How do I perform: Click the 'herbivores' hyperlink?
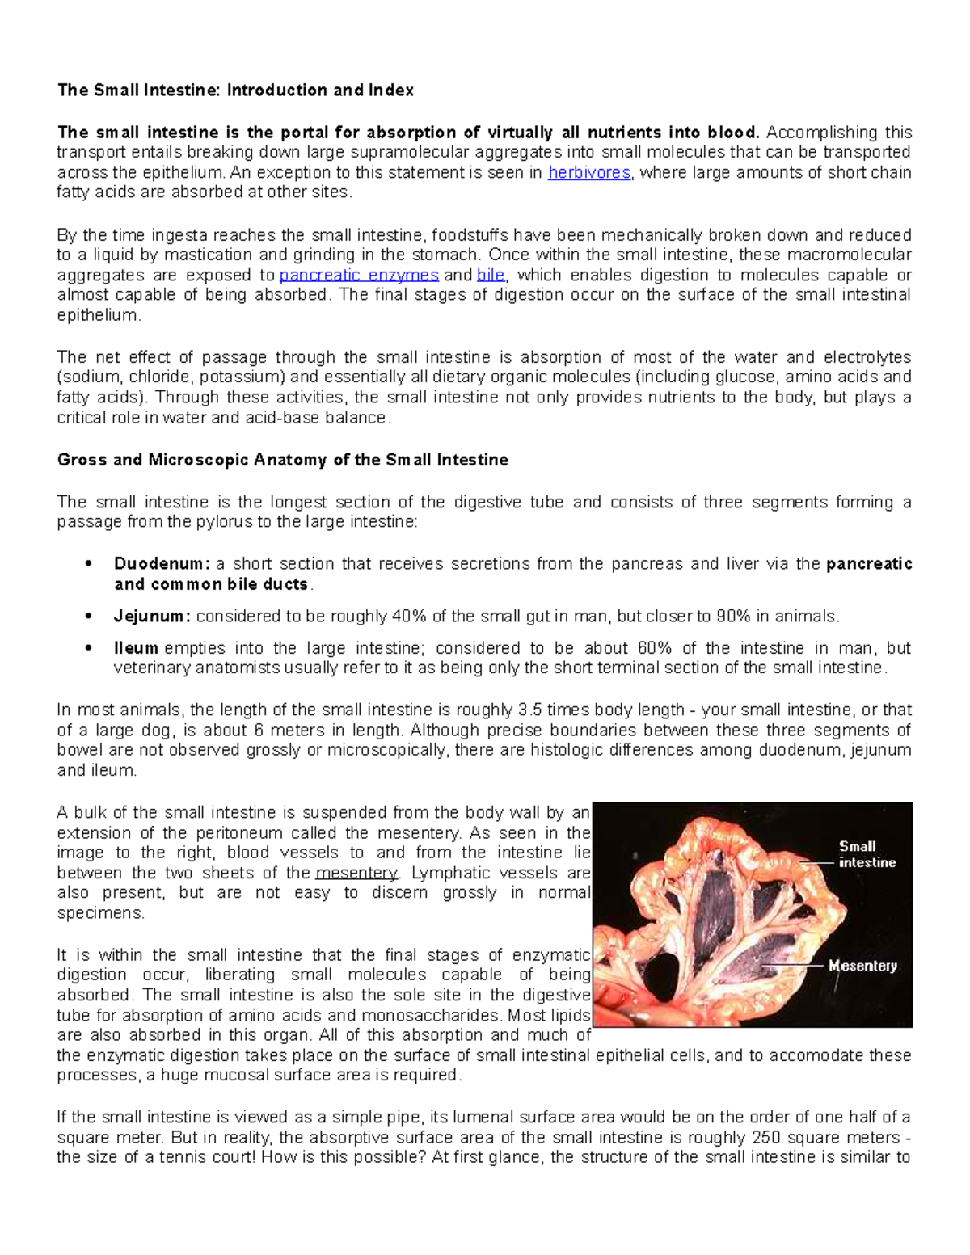(588, 172)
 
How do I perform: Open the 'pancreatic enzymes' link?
(358, 275)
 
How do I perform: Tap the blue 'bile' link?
(491, 275)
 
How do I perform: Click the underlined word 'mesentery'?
(356, 873)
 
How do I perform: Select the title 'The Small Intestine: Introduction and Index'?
(235, 91)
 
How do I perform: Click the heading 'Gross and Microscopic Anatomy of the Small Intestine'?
(282, 460)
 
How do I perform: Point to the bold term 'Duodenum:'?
(162, 564)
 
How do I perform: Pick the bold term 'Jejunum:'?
(153, 617)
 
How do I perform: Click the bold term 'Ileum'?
(135, 648)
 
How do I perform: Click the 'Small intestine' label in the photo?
(867, 854)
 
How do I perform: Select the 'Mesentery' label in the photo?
(862, 966)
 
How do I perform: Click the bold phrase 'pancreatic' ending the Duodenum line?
(869, 564)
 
